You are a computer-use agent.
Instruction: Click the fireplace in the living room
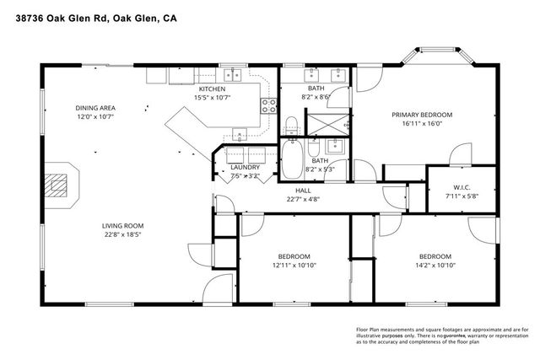click(x=57, y=183)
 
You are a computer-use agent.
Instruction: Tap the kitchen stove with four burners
click(x=269, y=105)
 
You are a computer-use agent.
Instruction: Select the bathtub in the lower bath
click(x=294, y=160)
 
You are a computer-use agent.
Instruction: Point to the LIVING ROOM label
click(x=123, y=226)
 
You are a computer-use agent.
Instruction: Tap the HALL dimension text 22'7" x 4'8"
click(x=302, y=200)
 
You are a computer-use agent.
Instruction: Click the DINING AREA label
click(x=94, y=108)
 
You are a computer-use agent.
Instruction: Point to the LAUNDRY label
click(x=245, y=168)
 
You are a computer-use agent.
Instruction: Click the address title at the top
click(x=108, y=15)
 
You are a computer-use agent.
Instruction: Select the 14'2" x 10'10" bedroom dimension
click(x=435, y=266)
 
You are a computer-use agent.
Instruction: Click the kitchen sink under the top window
click(x=230, y=76)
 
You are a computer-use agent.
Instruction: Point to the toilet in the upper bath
click(x=290, y=128)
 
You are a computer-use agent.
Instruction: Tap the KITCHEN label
click(x=212, y=89)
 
